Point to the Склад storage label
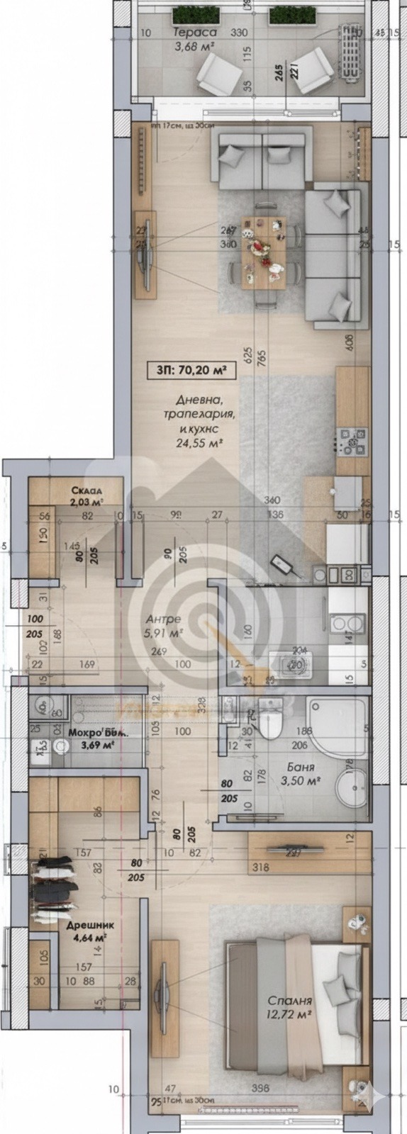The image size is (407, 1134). pos(86,491)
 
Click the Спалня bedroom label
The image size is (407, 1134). pos(290,1001)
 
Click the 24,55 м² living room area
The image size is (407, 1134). pos(199,443)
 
